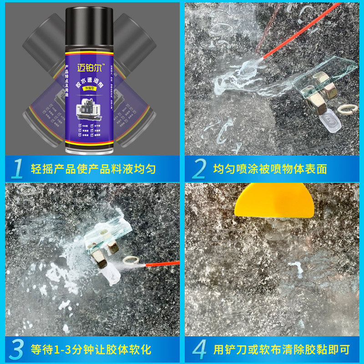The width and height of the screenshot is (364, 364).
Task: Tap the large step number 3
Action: tap(17, 349)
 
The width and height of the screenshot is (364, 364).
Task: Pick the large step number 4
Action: tap(199, 349)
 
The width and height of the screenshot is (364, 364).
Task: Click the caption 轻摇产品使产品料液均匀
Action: tap(93, 169)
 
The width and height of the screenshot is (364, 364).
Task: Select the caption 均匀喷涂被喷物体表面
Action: tap(270, 169)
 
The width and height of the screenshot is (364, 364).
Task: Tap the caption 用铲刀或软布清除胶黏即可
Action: tap(282, 350)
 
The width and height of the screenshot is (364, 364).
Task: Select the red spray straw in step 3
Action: tap(162, 263)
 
